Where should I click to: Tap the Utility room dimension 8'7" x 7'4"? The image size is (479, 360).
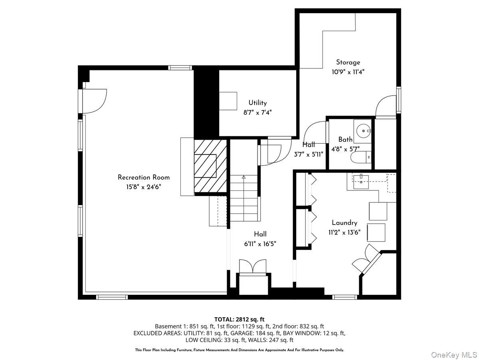[x=257, y=113]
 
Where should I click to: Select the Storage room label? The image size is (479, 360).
[x=348, y=62]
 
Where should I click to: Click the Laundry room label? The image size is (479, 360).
[x=344, y=223]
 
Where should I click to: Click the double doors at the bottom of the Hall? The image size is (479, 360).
[x=252, y=266]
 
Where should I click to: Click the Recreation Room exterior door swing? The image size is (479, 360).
[x=95, y=100]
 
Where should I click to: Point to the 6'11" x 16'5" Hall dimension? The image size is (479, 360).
[x=260, y=244]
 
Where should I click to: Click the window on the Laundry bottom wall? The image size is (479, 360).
[x=345, y=297]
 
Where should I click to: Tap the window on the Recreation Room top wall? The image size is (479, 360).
[x=180, y=68]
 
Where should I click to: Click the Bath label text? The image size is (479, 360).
[x=345, y=140]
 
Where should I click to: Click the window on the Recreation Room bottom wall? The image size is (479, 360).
[x=112, y=297]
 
